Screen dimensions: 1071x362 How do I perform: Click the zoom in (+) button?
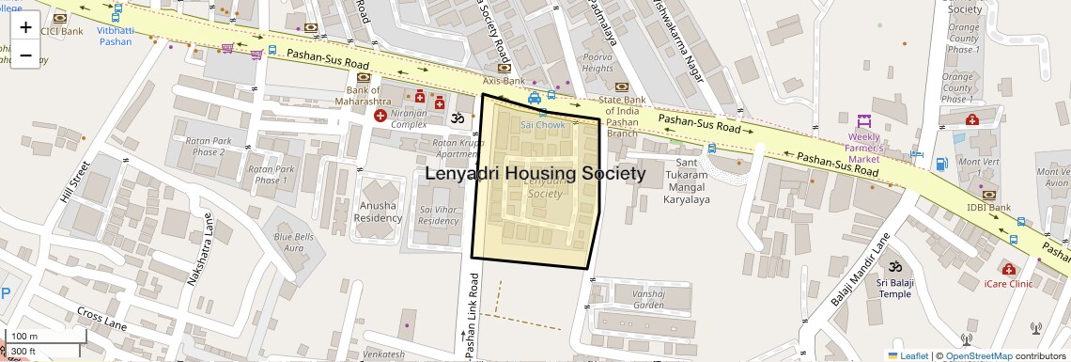[x=25, y=27]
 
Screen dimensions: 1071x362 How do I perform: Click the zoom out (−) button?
[x=25, y=55]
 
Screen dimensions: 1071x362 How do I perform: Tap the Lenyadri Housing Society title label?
[x=535, y=174]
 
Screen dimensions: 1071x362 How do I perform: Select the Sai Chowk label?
[x=543, y=124]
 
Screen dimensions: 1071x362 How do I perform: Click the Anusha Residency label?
[x=380, y=212]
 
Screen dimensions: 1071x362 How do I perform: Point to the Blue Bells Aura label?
[x=292, y=242]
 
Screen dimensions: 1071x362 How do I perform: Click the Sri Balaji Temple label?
[x=894, y=288]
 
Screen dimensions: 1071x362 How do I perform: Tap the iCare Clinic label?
[x=1008, y=283]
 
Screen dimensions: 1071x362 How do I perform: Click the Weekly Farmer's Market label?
[x=864, y=148]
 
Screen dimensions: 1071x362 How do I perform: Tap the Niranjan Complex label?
[x=409, y=118]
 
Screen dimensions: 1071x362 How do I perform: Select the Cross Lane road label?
[x=101, y=318]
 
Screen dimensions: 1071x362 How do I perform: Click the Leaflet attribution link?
[x=908, y=355]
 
